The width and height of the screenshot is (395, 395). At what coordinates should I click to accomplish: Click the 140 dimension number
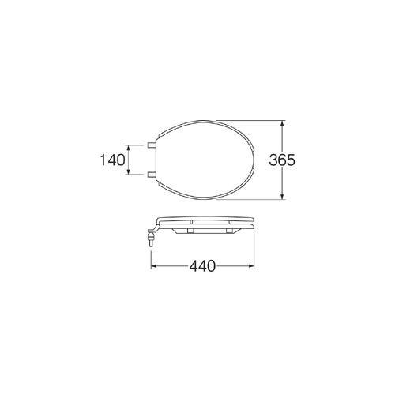(x=112, y=160)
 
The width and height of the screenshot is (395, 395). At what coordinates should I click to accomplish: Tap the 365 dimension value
(x=282, y=160)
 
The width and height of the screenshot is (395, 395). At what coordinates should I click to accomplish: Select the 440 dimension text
(x=202, y=266)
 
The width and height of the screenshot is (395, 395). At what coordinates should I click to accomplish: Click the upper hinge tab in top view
(x=152, y=145)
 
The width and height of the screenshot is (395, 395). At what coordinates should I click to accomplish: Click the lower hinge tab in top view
(x=152, y=175)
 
